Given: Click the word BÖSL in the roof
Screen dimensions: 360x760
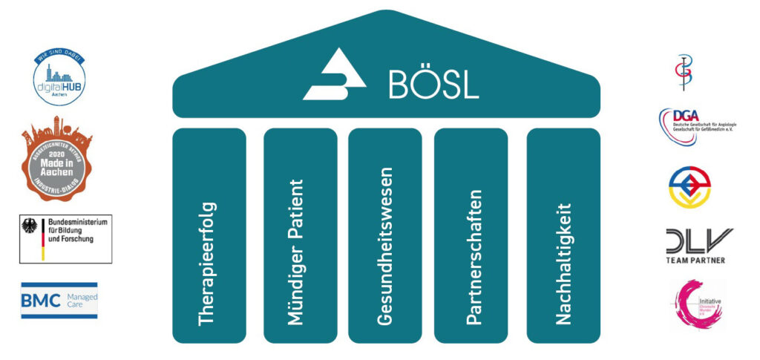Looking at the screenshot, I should (434, 83).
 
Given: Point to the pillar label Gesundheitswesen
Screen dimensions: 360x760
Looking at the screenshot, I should (384, 246).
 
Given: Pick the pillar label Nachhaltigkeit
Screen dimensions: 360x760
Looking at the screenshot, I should (563, 263).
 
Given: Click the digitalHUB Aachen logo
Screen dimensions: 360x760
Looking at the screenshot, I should (59, 77).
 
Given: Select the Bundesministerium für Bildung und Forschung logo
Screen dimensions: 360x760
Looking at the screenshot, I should (65, 239).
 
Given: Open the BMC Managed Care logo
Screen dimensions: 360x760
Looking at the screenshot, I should (59, 301).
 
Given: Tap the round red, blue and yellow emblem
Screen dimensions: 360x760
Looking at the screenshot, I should (689, 187).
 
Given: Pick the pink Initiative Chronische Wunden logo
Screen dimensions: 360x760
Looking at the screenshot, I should (695, 304).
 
